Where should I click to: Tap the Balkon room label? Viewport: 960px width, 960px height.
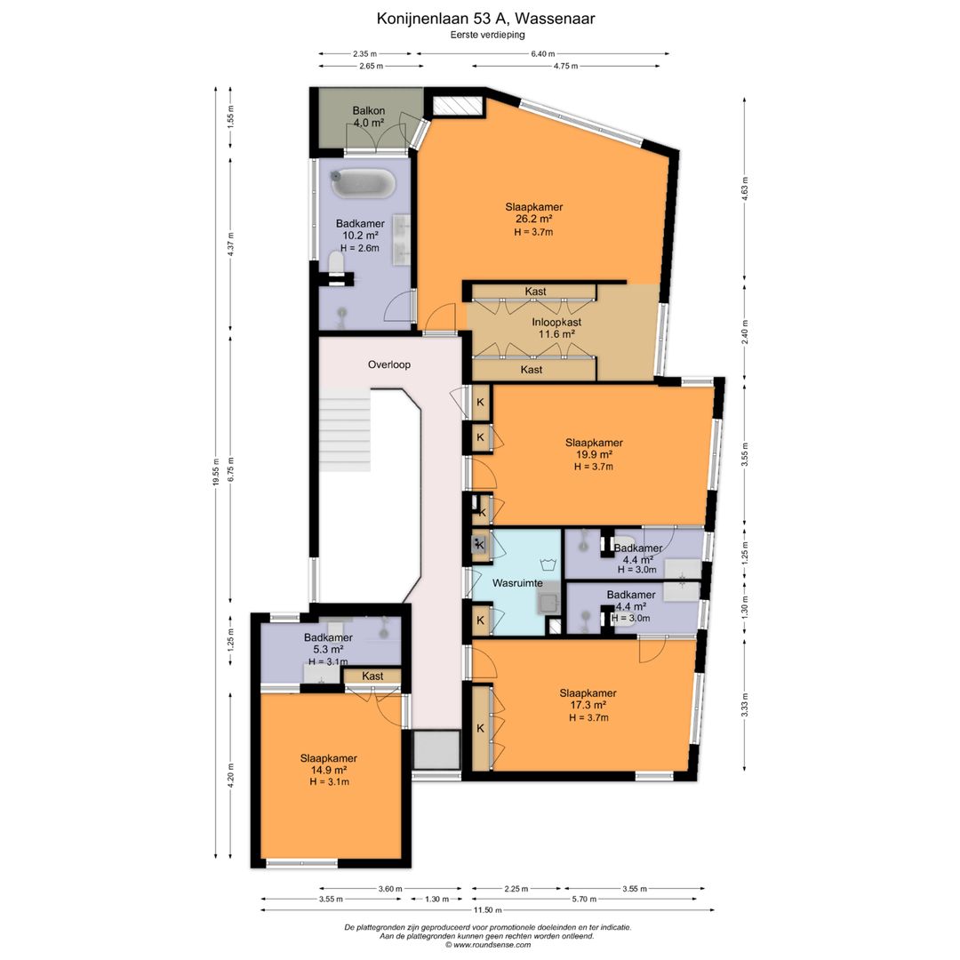pyautogui.click(x=369, y=111)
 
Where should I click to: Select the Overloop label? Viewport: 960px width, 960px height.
pyautogui.click(x=388, y=364)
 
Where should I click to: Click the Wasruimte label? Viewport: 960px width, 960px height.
pyautogui.click(x=517, y=583)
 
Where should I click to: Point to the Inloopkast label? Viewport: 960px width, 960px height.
pyautogui.click(x=556, y=322)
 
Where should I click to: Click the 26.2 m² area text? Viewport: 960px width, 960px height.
pyautogui.click(x=534, y=220)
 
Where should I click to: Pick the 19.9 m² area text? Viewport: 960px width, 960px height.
pyautogui.click(x=593, y=454)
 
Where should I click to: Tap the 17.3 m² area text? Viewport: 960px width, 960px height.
pyautogui.click(x=588, y=705)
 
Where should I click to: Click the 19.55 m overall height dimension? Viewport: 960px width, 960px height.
pyautogui.click(x=215, y=472)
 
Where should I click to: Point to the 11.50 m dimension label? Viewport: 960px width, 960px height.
pyautogui.click(x=489, y=910)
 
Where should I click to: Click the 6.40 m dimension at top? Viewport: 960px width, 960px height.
pyautogui.click(x=542, y=54)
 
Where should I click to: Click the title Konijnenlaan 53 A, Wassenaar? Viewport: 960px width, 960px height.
pyautogui.click(x=485, y=19)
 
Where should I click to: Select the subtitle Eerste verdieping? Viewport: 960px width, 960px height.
pyautogui.click(x=487, y=35)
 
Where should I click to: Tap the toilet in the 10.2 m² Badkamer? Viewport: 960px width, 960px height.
pyautogui.click(x=335, y=263)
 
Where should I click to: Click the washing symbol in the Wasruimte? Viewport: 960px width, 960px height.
pyautogui.click(x=547, y=564)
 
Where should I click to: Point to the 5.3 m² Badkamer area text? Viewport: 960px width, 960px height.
pyautogui.click(x=327, y=650)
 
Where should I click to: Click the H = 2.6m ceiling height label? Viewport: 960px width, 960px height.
pyautogui.click(x=360, y=248)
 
